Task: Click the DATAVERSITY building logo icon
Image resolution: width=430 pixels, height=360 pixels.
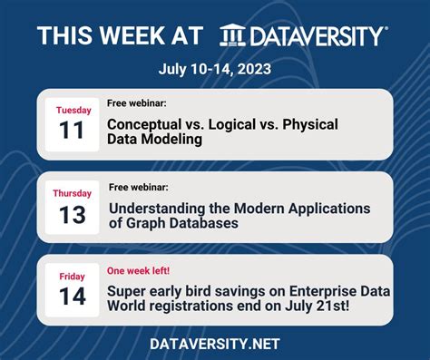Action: tap(232, 35)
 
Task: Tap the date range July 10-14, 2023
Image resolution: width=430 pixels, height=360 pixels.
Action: tap(214, 69)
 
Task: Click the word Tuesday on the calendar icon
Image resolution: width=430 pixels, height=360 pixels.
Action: tap(73, 111)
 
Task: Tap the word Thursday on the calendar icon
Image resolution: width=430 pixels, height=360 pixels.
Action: tap(73, 193)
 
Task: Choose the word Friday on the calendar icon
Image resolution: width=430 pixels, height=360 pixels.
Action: tap(73, 277)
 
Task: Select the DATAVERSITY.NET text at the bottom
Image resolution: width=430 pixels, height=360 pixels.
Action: tap(215, 344)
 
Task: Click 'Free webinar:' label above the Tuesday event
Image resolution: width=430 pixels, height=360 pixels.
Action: tap(137, 104)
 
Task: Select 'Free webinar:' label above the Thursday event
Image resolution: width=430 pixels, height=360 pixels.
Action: tap(139, 188)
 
